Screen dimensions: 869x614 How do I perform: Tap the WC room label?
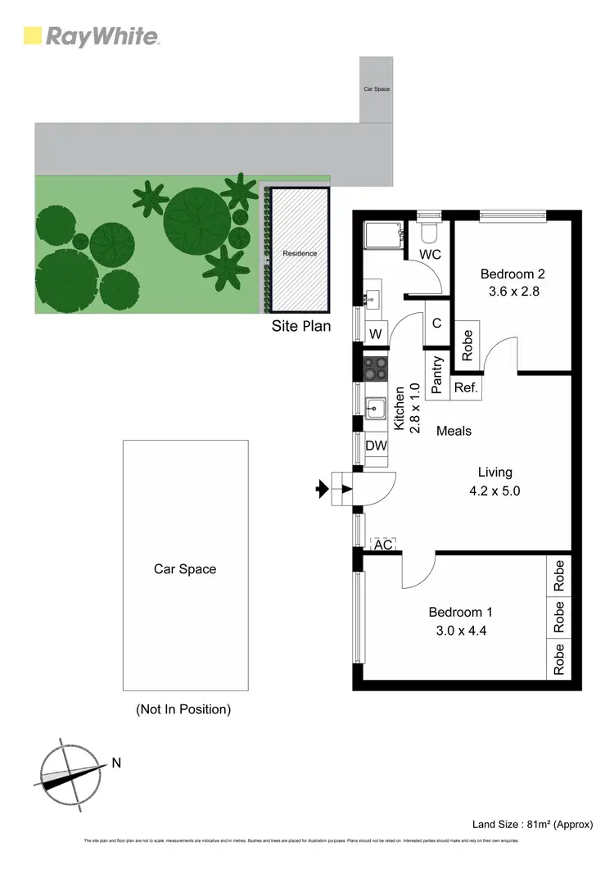[x=430, y=255]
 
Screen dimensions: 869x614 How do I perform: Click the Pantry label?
[x=437, y=374]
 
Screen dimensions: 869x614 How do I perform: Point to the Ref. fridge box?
[x=466, y=387]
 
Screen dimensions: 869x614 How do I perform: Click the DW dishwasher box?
[x=376, y=446]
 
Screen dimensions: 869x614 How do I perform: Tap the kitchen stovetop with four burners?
[x=376, y=369]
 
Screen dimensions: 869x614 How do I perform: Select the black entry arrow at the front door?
[x=322, y=490]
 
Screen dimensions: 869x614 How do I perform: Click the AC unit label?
[x=383, y=544]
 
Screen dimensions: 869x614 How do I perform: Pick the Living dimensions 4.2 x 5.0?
[x=495, y=491]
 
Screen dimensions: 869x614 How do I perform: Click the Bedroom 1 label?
[x=461, y=612]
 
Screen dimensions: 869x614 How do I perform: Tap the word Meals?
[x=454, y=431]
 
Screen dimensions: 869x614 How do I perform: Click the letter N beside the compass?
[x=116, y=763]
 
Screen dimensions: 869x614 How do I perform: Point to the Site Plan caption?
[x=301, y=326]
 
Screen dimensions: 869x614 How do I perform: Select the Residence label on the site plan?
[x=300, y=254]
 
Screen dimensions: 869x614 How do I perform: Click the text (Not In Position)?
[x=183, y=709]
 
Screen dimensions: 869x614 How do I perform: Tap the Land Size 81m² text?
[x=532, y=824]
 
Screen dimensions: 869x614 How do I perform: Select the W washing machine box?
[x=376, y=333]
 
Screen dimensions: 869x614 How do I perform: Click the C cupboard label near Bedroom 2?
[x=437, y=324]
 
